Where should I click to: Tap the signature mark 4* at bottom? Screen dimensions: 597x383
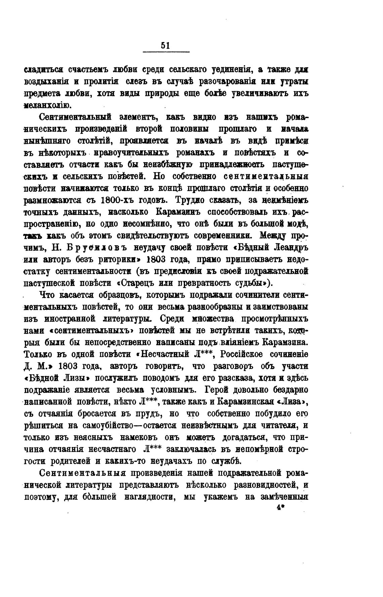tap(280, 509)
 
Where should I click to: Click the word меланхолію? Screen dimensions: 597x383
tap(48, 105)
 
